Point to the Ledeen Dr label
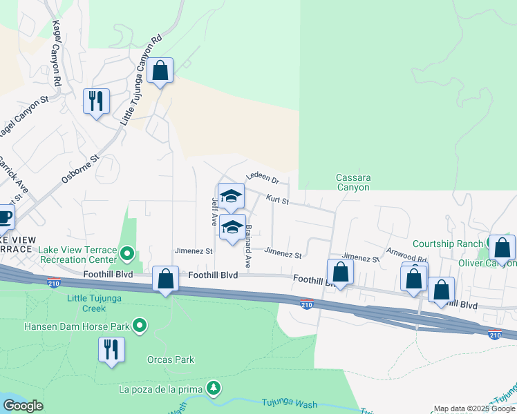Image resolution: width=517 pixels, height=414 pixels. [x=262, y=179]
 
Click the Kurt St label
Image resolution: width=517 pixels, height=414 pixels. [x=277, y=200]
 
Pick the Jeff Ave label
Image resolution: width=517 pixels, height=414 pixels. [x=215, y=211]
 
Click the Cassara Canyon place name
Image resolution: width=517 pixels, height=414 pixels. [x=353, y=182]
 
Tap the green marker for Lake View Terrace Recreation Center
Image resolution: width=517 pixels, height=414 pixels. [x=127, y=254]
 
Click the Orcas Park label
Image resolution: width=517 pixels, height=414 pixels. [x=171, y=359]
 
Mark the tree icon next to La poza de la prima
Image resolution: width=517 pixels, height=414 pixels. [x=215, y=388]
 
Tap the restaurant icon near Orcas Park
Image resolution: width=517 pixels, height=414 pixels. [x=111, y=349]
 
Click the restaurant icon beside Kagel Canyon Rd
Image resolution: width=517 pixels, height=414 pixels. [x=96, y=101]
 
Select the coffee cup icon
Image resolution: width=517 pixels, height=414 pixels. [x=4, y=217]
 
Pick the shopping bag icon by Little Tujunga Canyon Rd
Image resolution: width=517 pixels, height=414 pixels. [x=160, y=70]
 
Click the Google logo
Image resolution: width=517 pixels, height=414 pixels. [x=23, y=406]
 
